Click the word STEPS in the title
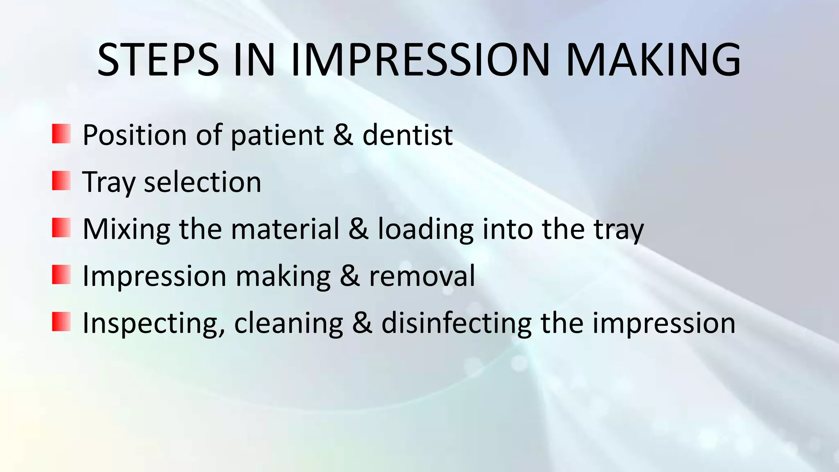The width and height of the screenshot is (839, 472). (158, 60)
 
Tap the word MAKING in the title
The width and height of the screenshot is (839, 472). (653, 60)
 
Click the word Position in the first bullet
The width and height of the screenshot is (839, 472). (134, 135)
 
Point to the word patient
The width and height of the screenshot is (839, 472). (277, 135)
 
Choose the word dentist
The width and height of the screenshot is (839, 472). (408, 135)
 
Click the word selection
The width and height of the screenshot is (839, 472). (202, 182)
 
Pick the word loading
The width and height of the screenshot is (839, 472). (425, 229)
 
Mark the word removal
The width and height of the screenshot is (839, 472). (422, 276)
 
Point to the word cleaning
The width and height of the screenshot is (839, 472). (288, 324)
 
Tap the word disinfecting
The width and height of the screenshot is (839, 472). (456, 324)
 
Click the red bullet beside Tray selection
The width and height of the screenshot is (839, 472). (61, 181)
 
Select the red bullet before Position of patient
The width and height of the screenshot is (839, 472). (61, 134)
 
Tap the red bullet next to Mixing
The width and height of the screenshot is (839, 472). (61, 228)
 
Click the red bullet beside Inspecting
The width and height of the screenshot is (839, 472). (61, 322)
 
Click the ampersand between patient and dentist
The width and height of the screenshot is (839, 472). (343, 135)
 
